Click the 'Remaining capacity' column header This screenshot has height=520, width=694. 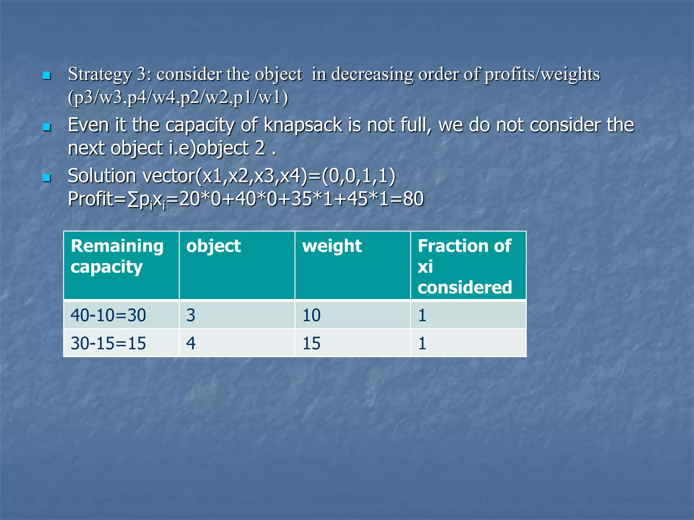tap(117, 256)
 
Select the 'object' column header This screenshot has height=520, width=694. tap(213, 246)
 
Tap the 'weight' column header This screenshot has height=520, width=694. tap(332, 246)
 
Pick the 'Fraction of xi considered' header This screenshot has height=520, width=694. tap(465, 266)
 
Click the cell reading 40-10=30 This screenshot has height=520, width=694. tap(108, 315)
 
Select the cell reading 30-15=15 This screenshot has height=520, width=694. tap(108, 343)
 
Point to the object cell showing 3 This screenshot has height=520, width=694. tap(191, 315)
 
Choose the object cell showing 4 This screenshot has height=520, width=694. tap(191, 343)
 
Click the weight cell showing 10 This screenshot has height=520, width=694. tap(311, 315)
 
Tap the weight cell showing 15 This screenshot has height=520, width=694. tap(311, 343)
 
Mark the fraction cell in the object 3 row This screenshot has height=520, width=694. tap(422, 315)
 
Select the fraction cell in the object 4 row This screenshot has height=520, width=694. tap(422, 343)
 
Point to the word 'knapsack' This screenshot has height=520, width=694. tap(303, 125)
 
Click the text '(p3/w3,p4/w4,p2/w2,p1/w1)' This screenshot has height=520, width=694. tap(178, 98)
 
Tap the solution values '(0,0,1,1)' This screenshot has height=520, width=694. tap(359, 176)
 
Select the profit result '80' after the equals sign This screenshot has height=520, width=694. tap(413, 199)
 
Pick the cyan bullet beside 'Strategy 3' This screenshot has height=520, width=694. tap(47, 75)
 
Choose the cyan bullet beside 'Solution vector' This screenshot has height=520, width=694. tap(47, 177)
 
